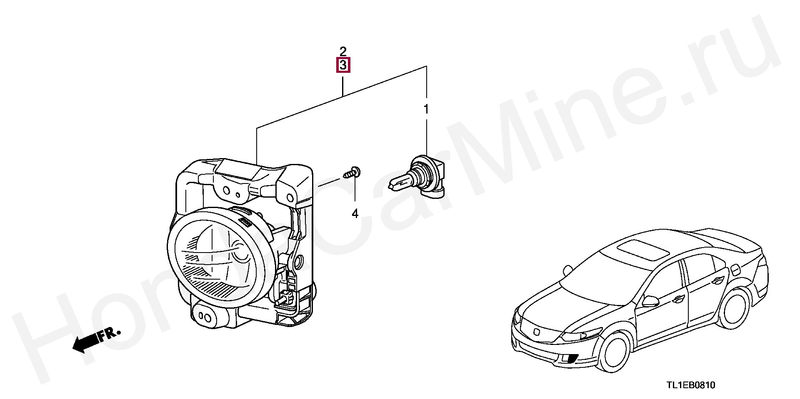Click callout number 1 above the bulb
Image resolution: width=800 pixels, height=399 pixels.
[426, 109]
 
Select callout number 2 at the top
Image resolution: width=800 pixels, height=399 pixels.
[343, 52]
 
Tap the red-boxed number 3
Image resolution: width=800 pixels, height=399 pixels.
[343, 65]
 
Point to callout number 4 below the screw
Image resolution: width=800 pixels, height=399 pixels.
[355, 214]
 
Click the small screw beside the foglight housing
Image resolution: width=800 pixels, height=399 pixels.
[352, 173]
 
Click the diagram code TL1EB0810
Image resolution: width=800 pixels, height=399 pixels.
[691, 385]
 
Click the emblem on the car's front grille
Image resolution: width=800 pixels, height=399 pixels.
[537, 332]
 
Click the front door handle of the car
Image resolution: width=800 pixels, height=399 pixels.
[677, 298]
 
